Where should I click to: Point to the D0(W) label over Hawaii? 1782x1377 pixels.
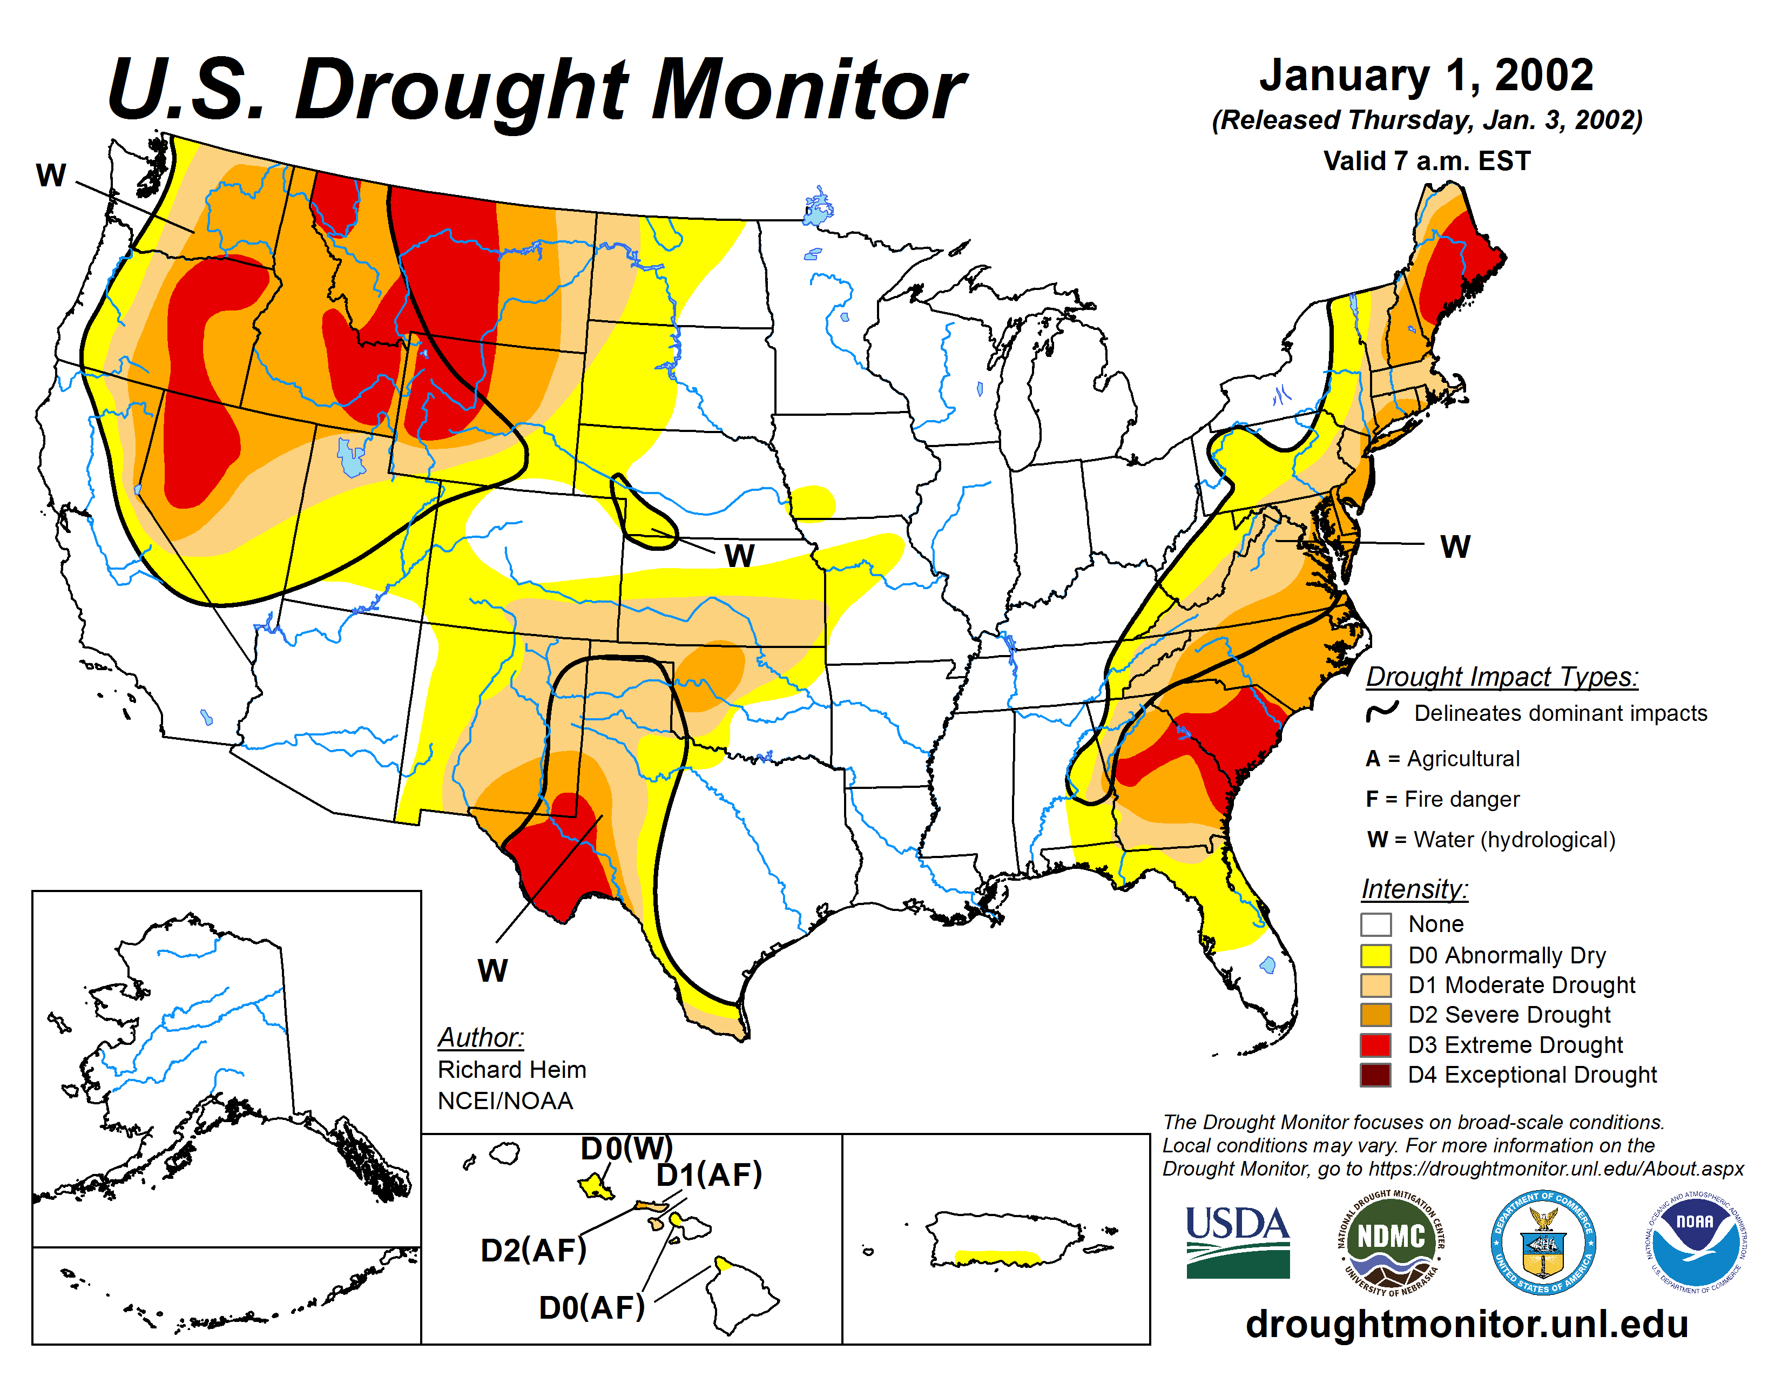[x=626, y=1149]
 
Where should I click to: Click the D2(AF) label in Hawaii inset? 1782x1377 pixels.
[x=534, y=1250]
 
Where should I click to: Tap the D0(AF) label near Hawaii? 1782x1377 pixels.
[x=591, y=1308]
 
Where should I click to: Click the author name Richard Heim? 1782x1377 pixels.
[x=511, y=1069]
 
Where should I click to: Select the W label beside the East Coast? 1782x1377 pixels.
[x=1455, y=546]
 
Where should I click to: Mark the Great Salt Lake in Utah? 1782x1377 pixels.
[x=351, y=458]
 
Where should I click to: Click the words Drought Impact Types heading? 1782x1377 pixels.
[x=1502, y=677]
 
